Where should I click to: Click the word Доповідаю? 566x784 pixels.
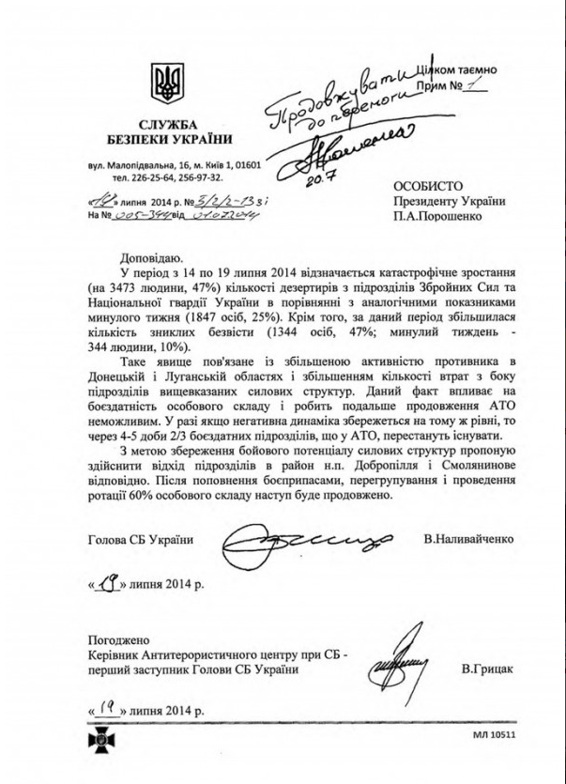click(152, 258)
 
